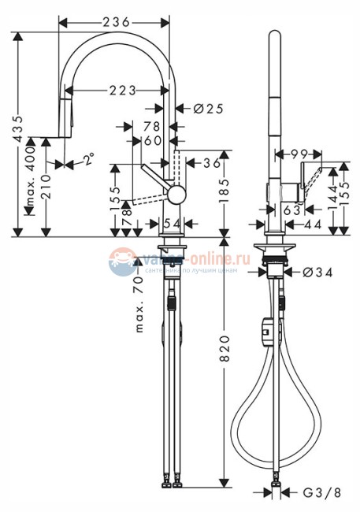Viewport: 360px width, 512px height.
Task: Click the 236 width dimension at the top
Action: click(x=116, y=22)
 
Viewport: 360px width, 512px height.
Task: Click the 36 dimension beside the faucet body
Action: click(x=210, y=163)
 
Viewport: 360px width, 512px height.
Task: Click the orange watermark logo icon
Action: click(x=123, y=261)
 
